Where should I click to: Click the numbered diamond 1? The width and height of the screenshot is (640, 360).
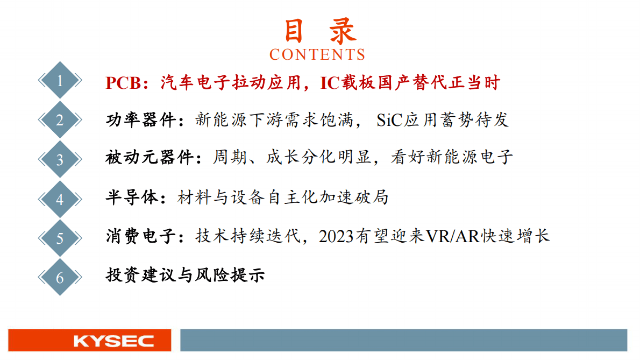tap(60, 81)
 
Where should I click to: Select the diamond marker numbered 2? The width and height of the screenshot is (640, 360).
tap(60, 120)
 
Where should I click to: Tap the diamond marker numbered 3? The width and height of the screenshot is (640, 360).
tap(60, 159)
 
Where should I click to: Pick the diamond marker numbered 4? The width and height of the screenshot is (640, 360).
tap(60, 199)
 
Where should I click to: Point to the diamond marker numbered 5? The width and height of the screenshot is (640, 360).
tap(60, 238)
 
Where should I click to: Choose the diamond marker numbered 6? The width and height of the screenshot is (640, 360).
tap(60, 277)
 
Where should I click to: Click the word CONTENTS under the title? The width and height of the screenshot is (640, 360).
tap(317, 55)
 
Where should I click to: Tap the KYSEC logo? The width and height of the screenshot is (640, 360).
tap(89, 341)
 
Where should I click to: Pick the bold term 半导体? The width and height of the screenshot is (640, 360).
tap(132, 197)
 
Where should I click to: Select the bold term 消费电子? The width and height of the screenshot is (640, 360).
tap(141, 236)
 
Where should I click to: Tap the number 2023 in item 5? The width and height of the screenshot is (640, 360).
tap(337, 237)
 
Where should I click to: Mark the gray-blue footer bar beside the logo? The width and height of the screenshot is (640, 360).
tap(403, 341)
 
